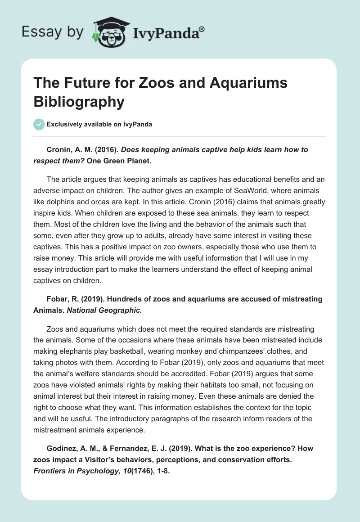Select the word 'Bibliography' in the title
tap(79, 101)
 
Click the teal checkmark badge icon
tap(39, 124)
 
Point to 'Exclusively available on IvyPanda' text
tap(99, 125)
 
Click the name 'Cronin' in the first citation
tap(59, 150)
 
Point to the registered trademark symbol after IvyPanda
tap(202, 29)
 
